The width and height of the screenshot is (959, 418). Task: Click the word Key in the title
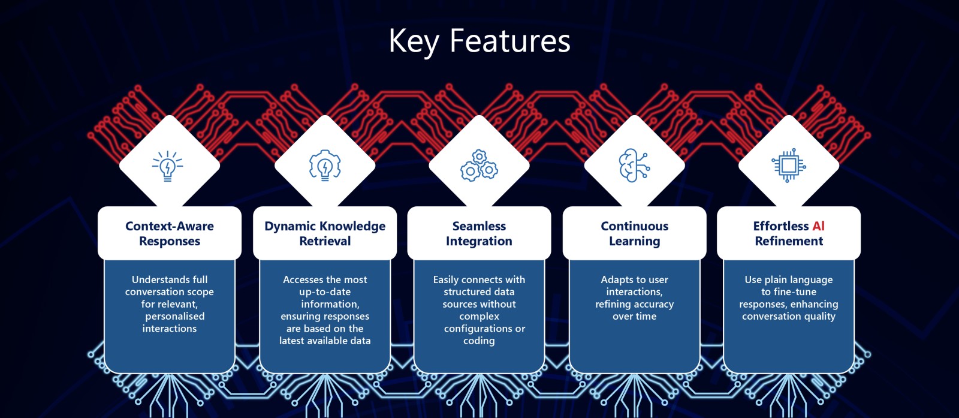(x=414, y=42)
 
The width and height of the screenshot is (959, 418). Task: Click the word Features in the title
(x=510, y=41)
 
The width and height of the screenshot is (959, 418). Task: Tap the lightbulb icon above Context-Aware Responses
(x=167, y=166)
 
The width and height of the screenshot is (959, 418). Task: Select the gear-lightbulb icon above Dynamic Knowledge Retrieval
(x=325, y=166)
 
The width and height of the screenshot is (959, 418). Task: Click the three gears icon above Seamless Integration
(x=479, y=166)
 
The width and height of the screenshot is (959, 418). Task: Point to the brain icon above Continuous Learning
(x=634, y=166)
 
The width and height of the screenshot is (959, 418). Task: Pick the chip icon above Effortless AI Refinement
(x=789, y=166)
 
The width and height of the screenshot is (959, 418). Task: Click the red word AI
(x=818, y=225)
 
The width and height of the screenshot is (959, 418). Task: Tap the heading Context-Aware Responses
(x=170, y=233)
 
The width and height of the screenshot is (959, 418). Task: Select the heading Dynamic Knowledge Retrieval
(x=325, y=233)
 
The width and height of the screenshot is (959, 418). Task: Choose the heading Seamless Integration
(x=479, y=233)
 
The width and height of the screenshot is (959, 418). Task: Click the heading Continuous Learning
(x=635, y=233)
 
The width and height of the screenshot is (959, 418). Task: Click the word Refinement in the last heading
(x=789, y=241)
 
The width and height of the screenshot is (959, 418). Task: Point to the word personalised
(x=174, y=317)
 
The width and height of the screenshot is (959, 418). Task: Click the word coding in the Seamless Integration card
(x=479, y=341)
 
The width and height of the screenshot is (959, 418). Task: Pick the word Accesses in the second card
(x=302, y=279)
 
